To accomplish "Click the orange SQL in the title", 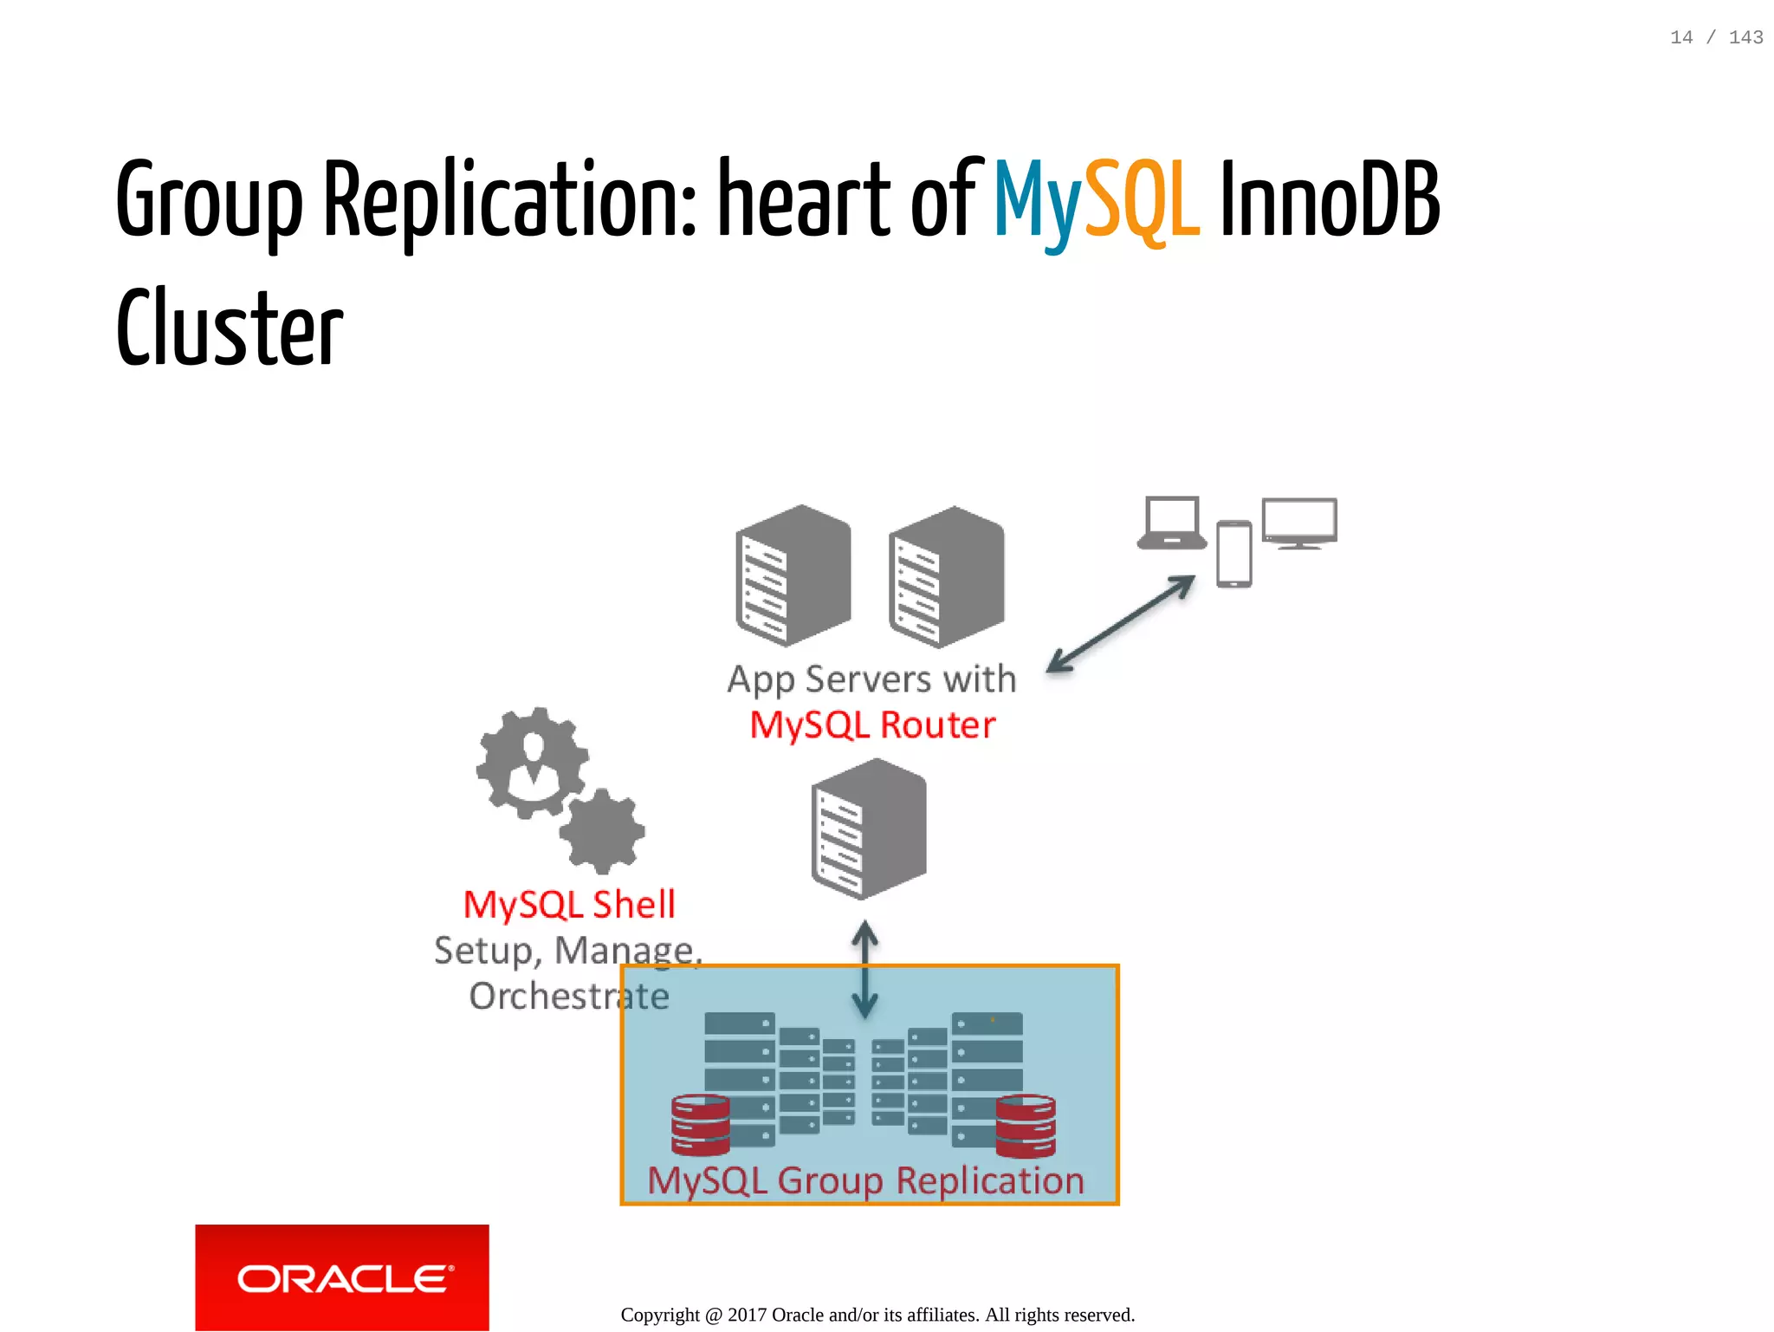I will tap(1142, 201).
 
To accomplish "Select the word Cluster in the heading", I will tap(230, 329).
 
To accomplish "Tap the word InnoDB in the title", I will tap(1330, 201).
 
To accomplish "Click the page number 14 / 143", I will tap(1716, 37).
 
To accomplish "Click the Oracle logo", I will tap(342, 1277).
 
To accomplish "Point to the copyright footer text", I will tap(877, 1315).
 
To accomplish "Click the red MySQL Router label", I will tap(872, 724).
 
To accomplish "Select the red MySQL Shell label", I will tap(569, 905).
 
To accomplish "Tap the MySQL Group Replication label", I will tap(865, 1180).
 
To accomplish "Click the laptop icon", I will tap(1172, 523).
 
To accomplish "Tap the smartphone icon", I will tap(1233, 554).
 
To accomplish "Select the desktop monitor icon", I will tap(1299, 523).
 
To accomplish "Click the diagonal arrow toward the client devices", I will tap(1121, 624).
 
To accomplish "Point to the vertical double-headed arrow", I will tap(864, 969).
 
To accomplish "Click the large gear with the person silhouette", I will tap(532, 763).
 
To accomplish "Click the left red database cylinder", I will tap(700, 1125).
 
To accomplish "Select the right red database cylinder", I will tap(1026, 1126).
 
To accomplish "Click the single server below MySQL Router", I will tap(868, 828).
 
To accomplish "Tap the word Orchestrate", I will tap(569, 997).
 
